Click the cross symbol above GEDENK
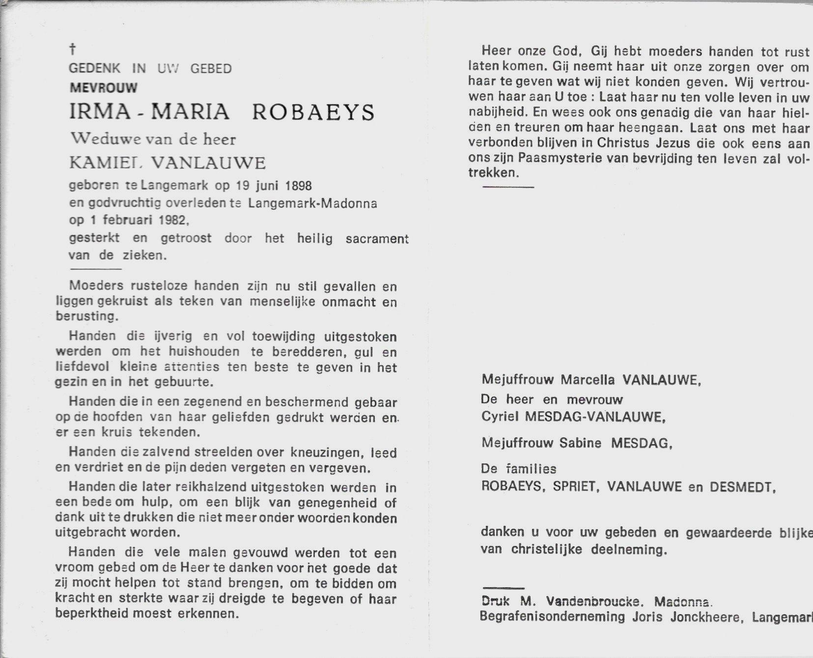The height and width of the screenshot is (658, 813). tap(73, 49)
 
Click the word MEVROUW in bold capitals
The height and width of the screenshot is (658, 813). tap(103, 88)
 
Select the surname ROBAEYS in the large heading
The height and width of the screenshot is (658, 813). tap(313, 113)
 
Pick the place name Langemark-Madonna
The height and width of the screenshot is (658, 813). tap(312, 203)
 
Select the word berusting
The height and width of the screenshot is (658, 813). tap(86, 317)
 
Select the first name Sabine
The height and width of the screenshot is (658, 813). tap(580, 443)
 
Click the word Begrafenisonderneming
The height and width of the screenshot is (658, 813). tap(552, 617)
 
